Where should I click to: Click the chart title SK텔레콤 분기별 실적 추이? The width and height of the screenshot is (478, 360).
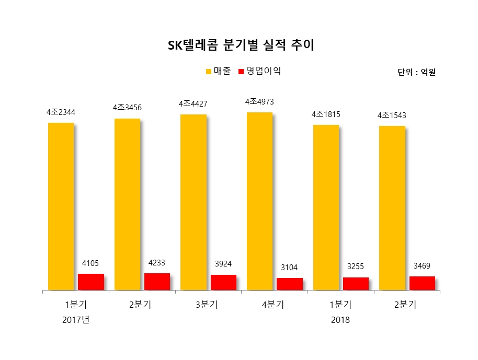pos(241,46)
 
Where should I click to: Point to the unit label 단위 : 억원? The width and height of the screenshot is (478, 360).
pos(416,73)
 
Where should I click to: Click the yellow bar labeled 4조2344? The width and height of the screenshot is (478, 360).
pos(61,206)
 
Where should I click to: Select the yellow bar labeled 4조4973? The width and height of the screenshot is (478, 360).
pos(259,201)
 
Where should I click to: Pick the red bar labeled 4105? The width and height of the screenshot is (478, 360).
pos(91,282)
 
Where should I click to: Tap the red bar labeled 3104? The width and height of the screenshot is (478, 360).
pos(290,284)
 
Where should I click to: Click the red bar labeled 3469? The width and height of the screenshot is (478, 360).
pos(422,283)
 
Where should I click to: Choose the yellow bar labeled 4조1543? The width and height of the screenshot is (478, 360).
pos(392,207)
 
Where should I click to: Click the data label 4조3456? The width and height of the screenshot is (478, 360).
pos(127,108)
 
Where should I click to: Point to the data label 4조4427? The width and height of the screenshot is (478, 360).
pos(194,103)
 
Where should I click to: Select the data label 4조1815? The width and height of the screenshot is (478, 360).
pos(326,114)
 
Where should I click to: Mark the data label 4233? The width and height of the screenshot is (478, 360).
pos(157,263)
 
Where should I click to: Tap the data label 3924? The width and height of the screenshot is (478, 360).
pos(223,264)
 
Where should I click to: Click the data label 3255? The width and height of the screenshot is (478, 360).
pos(356,266)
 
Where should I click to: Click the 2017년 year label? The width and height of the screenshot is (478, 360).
pos(76,320)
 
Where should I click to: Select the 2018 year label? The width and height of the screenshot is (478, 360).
pos(340,320)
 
